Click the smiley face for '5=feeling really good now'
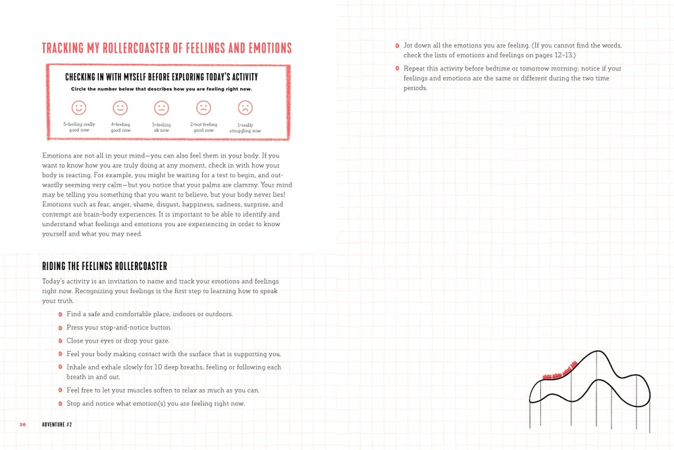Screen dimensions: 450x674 (x=79, y=107)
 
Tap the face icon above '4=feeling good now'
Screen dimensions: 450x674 (x=120, y=107)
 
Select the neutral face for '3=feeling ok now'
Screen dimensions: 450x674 (x=161, y=107)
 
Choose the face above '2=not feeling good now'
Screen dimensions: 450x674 (x=203, y=107)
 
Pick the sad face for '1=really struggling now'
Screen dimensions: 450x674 (x=245, y=107)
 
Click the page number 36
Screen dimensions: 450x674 (x=22, y=424)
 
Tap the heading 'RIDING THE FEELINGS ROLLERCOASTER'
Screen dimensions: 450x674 (x=105, y=266)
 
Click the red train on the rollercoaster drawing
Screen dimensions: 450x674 (x=560, y=371)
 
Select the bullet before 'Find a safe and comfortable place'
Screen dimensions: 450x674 (x=60, y=314)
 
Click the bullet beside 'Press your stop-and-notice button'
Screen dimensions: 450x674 (x=60, y=327)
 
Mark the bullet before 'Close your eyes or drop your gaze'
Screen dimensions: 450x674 (x=60, y=341)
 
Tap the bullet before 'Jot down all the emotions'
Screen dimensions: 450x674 (x=397, y=45)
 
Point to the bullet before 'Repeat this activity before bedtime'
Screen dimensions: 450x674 (x=397, y=69)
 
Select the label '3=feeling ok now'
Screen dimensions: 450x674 (x=161, y=127)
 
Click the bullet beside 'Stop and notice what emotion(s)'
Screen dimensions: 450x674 (x=60, y=403)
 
